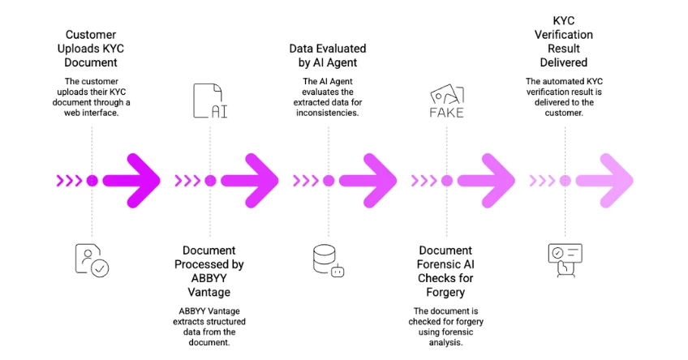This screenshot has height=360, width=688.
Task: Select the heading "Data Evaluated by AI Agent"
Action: [329, 56]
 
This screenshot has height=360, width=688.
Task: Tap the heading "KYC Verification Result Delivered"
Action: [565, 41]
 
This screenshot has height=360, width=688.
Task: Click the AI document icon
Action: [210, 101]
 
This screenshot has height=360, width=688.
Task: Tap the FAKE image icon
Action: [446, 101]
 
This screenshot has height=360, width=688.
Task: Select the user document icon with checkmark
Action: [92, 259]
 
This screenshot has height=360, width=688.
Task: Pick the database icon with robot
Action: [328, 259]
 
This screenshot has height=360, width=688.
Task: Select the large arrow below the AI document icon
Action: [251, 180]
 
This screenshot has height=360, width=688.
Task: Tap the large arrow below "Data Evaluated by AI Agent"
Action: [369, 180]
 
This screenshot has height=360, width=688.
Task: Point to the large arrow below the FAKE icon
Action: [488, 180]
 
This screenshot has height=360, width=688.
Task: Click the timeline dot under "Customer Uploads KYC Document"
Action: [92, 180]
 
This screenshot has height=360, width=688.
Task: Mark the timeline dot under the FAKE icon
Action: [446, 180]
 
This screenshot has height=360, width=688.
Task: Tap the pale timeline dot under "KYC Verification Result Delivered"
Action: [565, 180]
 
